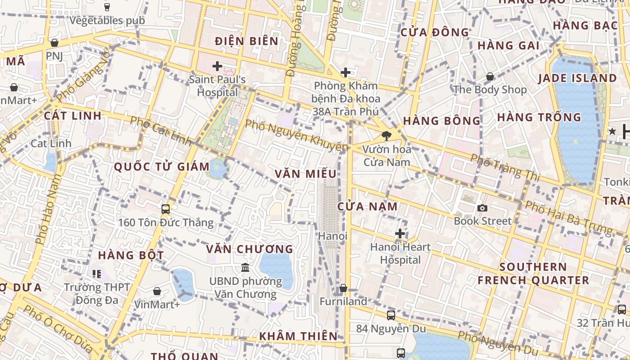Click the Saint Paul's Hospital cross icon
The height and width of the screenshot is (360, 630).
(217, 67)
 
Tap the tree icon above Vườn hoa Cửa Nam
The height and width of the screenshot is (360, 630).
(386, 135)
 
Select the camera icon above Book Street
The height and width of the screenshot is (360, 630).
(482, 208)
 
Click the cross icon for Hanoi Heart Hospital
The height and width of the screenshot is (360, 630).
(400, 234)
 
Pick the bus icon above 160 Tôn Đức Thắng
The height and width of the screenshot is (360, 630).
(166, 209)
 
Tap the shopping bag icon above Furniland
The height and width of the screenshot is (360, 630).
(343, 288)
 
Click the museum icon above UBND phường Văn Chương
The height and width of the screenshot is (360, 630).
(245, 268)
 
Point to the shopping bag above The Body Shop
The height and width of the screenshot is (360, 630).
(490, 77)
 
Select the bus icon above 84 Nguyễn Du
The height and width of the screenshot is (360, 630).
(391, 315)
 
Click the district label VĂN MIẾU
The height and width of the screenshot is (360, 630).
(306, 174)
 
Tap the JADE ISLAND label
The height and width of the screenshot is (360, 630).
(577, 78)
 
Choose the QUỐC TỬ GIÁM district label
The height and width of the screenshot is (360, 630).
(162, 167)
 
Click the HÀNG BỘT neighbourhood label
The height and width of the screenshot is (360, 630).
(131, 255)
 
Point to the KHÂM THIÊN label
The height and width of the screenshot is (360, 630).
(298, 336)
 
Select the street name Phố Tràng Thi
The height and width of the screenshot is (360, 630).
(504, 167)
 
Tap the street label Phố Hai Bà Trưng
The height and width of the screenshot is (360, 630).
(569, 218)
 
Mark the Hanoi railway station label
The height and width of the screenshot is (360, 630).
(333, 236)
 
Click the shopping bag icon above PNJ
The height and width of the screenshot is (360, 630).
(54, 43)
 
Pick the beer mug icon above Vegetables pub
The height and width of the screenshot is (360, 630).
(107, 7)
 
